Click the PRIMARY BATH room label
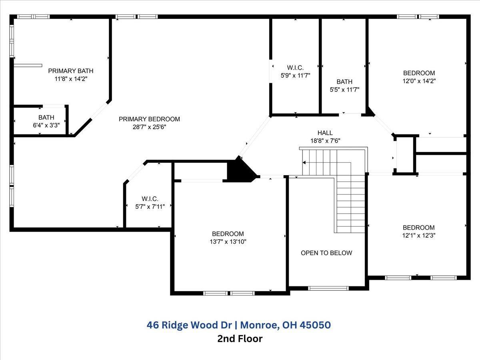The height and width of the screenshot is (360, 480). pyautogui.click(x=71, y=71)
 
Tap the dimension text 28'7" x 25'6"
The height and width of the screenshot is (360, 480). pyautogui.click(x=149, y=127)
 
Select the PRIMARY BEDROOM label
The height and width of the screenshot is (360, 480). pyautogui.click(x=149, y=119)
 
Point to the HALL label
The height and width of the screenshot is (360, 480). pyautogui.click(x=325, y=133)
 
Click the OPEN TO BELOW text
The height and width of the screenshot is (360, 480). pyautogui.click(x=326, y=253)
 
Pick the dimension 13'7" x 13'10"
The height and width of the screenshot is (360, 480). pyautogui.click(x=228, y=242)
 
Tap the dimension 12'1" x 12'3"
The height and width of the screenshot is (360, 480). pyautogui.click(x=418, y=235)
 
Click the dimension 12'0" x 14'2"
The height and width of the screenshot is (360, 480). pyautogui.click(x=419, y=80)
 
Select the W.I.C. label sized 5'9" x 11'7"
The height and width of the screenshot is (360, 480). pyautogui.click(x=295, y=67)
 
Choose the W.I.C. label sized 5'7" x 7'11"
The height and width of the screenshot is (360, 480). pyautogui.click(x=150, y=199)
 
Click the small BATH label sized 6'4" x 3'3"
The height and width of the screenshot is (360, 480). pyautogui.click(x=46, y=118)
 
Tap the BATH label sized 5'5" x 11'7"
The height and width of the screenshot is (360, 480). pyautogui.click(x=344, y=82)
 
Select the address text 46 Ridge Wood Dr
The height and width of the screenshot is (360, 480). pyautogui.click(x=192, y=325)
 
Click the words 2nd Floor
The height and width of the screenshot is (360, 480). pyautogui.click(x=240, y=339)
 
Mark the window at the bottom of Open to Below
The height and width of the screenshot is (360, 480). pyautogui.click(x=328, y=288)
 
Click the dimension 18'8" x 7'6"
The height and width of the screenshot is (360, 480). pyautogui.click(x=325, y=140)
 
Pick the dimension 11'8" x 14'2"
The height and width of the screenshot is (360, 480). pyautogui.click(x=71, y=79)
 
